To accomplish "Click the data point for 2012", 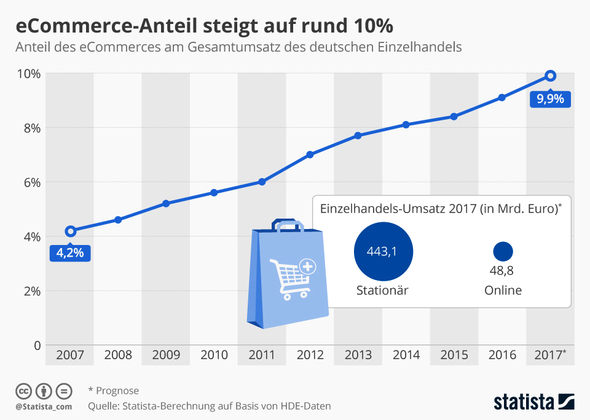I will coord(310,155).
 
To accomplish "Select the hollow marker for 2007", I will coord(71,231).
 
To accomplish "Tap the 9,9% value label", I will coord(550,98).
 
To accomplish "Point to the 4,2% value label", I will coord(71,252).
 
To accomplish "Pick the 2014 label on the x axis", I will coord(406,355).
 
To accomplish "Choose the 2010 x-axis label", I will coord(214,355).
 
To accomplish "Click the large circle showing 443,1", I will coord(383,252).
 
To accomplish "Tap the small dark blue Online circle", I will coord(503,251).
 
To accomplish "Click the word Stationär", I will coord(382,290).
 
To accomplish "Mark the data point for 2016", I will coord(502,97).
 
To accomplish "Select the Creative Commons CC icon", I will coord(23,391).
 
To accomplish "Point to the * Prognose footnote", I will coord(114,391).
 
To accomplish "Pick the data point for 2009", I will coord(166,203).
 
